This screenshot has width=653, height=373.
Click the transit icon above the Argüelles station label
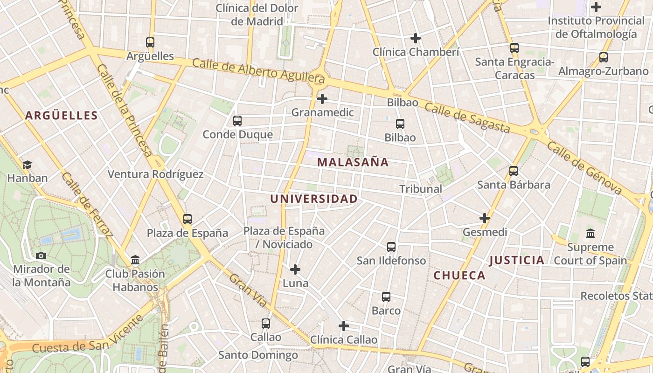click(x=150, y=42)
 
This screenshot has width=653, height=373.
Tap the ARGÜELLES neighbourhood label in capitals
click(x=62, y=116)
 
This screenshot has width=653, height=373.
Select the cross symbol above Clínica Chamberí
click(x=415, y=38)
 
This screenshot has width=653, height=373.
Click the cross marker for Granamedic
click(x=322, y=99)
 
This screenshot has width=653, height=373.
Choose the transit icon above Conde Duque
click(x=237, y=121)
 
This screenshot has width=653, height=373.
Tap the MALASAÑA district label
click(x=353, y=162)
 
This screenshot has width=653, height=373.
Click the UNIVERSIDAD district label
click(x=314, y=199)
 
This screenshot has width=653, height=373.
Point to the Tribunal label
click(x=421, y=189)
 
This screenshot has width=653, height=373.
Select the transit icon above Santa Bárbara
click(x=514, y=171)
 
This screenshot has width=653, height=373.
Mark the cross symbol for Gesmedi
click(x=485, y=218)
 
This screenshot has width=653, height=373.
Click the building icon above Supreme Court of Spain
click(x=590, y=233)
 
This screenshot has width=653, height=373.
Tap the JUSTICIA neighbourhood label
click(x=517, y=260)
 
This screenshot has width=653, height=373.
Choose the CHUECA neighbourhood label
click(x=459, y=276)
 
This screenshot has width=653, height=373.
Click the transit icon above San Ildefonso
click(x=391, y=247)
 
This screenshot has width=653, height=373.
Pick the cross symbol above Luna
click(x=295, y=269)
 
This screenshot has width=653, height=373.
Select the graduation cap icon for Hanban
click(x=28, y=165)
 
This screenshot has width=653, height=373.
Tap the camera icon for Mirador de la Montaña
click(x=41, y=256)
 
